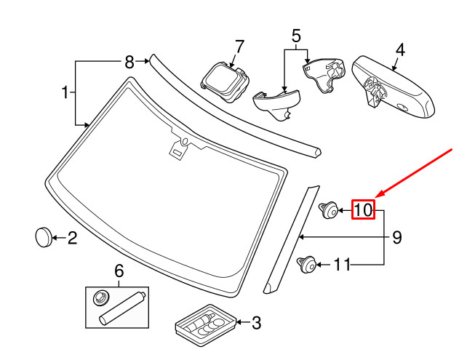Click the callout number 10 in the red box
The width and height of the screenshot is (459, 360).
(x=363, y=210)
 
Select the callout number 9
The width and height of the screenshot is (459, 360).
(x=397, y=237)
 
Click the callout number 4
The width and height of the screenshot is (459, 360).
(x=399, y=51)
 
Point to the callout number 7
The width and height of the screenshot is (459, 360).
(x=296, y=35)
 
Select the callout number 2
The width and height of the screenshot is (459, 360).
(x=72, y=237)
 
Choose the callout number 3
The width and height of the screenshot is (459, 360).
(x=255, y=321)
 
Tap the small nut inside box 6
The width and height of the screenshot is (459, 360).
(x=100, y=297)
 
